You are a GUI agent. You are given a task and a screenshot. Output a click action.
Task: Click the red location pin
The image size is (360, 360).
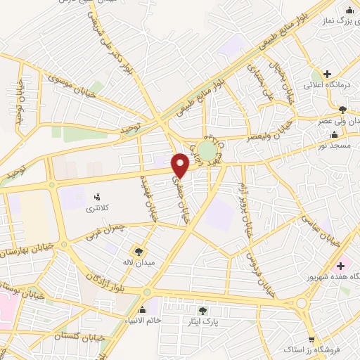(181, 165)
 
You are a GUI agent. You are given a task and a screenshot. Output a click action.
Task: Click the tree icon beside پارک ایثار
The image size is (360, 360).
(203, 310)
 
